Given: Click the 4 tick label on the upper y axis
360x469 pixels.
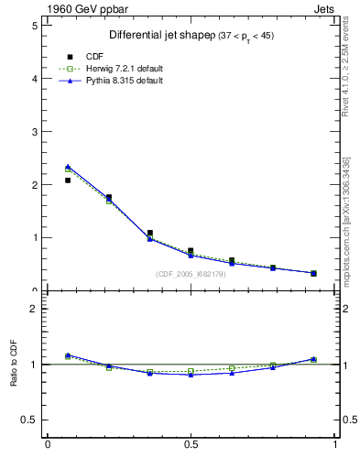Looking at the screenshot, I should tap(33, 79).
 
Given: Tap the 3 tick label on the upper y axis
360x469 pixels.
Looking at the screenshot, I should tap(33, 132).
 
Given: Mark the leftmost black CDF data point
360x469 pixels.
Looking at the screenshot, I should tap(68, 180).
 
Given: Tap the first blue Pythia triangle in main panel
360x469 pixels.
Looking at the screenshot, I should tap(68, 167).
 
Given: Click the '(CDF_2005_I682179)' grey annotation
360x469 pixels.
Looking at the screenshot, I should tap(194, 274).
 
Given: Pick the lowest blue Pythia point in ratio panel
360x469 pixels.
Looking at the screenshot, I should tap(191, 375).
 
